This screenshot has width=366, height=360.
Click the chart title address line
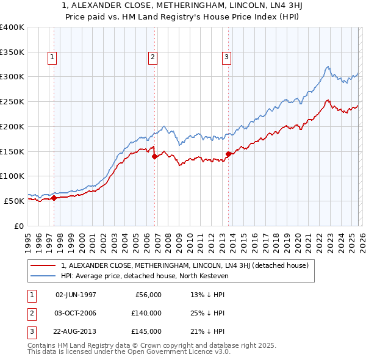182,6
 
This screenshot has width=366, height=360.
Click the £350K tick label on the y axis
12,52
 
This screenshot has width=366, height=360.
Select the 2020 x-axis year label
298,238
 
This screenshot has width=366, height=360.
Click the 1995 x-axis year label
28,238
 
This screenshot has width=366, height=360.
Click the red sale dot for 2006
154,156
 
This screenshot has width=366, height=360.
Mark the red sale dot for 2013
228,154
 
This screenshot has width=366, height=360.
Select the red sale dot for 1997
54,198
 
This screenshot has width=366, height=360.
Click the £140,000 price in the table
146,313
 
